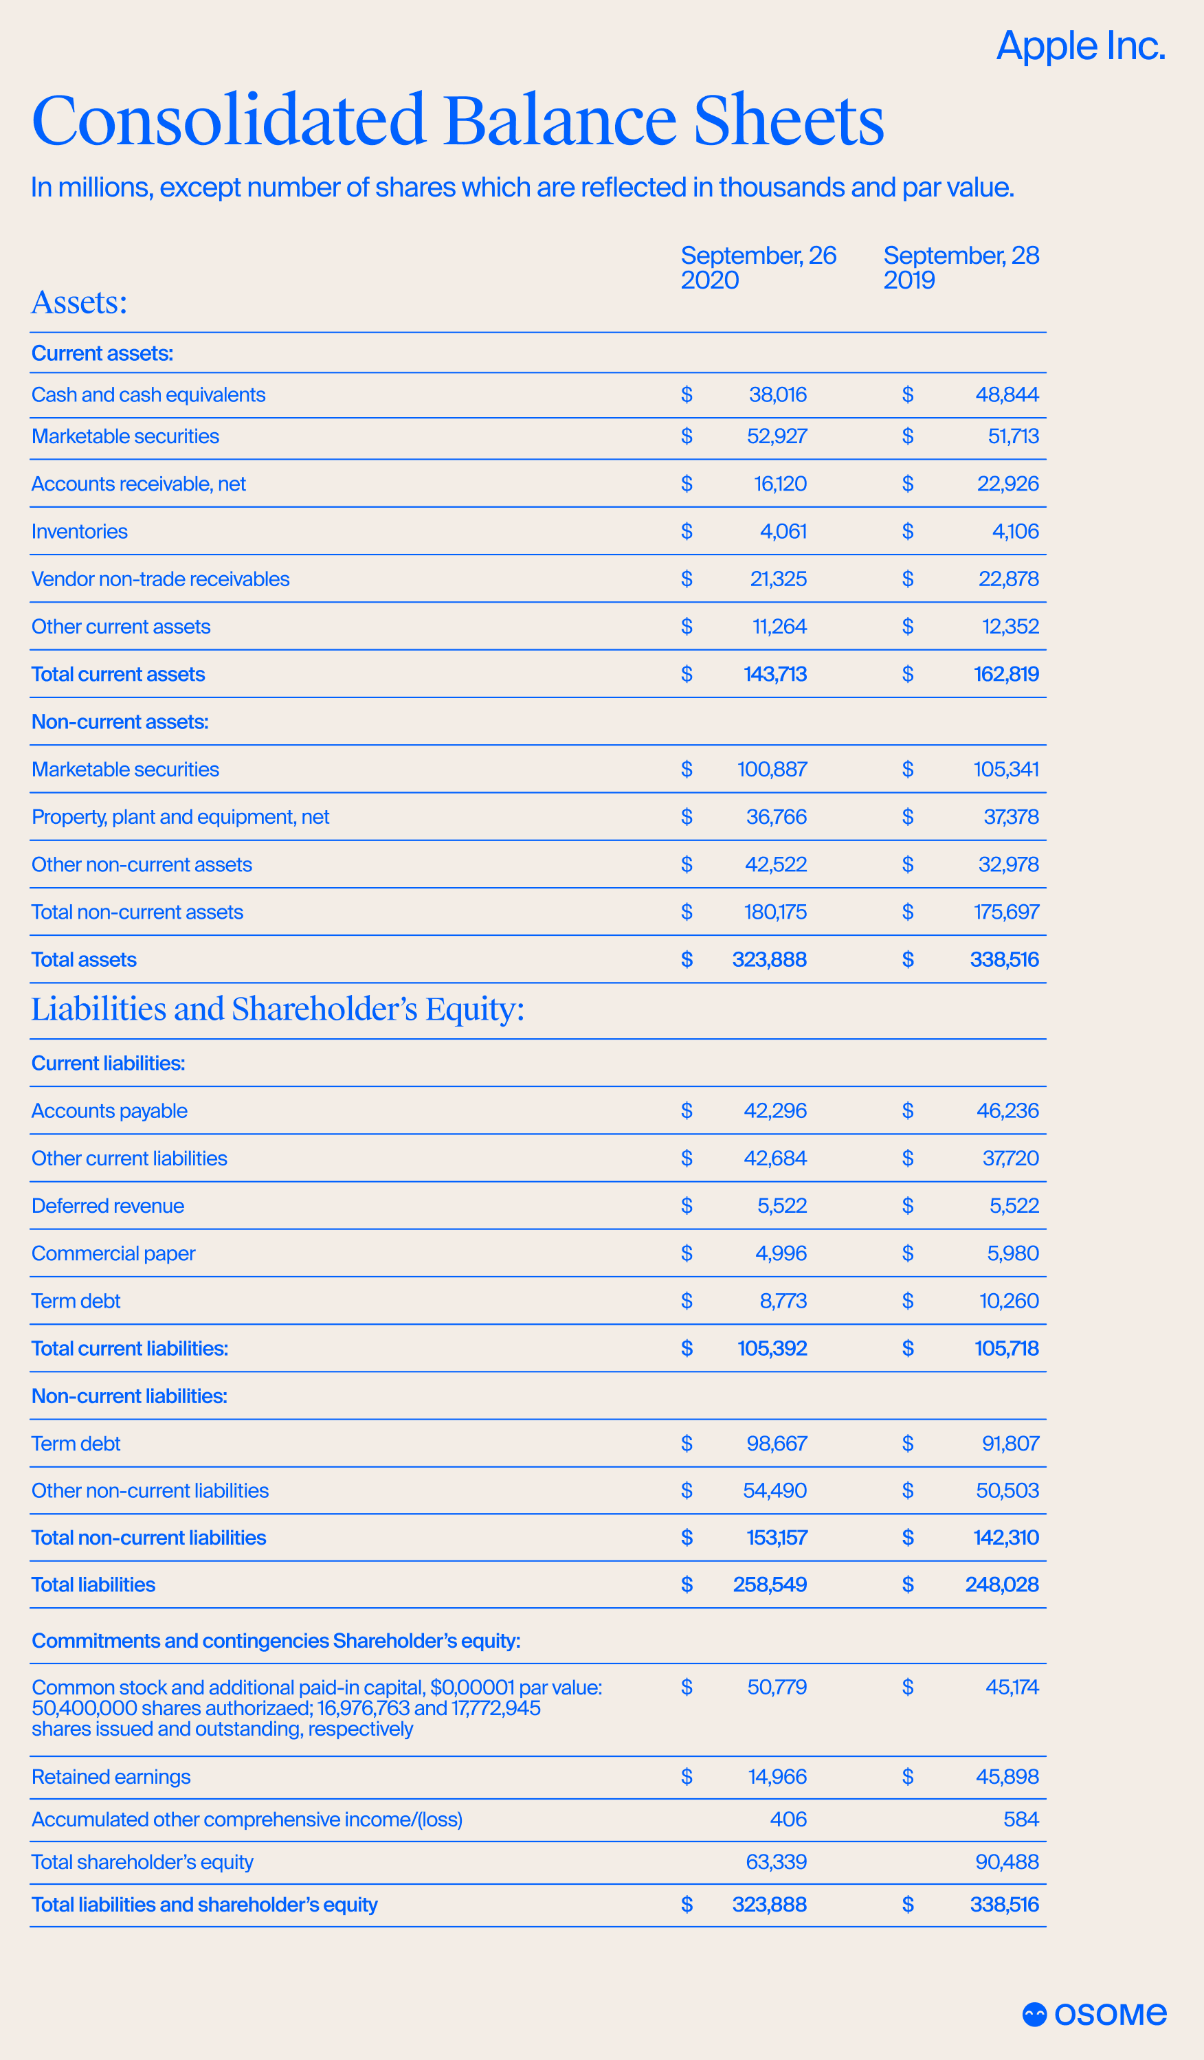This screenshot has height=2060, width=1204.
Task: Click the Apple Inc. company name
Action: [x=1080, y=46]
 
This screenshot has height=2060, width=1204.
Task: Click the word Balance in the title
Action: [x=560, y=121]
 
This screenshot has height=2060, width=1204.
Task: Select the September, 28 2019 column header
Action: [x=961, y=267]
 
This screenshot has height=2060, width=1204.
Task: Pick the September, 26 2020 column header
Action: [x=758, y=267]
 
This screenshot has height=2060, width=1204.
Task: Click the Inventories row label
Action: [x=79, y=531]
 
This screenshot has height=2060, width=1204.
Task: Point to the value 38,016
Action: [x=777, y=395]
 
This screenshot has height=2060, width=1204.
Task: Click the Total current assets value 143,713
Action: [x=775, y=674]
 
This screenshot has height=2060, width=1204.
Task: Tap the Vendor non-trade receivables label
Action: [x=160, y=579]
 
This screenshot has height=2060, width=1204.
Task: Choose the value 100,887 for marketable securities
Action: [x=772, y=769]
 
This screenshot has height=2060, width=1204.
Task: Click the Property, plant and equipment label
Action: [x=180, y=816]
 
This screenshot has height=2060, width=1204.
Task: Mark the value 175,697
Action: [x=1005, y=913]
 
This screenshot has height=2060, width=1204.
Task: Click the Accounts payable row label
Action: [x=109, y=1111]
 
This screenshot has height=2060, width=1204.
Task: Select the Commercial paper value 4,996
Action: [x=781, y=1253]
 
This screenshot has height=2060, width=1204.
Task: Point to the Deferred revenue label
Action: [x=108, y=1206]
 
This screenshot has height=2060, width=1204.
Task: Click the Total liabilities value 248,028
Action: [x=1001, y=1585]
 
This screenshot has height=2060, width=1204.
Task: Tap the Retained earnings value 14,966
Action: [x=777, y=1776]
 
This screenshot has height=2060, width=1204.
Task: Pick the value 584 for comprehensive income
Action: [x=1021, y=1819]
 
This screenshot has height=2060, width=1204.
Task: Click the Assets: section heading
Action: [x=79, y=302]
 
